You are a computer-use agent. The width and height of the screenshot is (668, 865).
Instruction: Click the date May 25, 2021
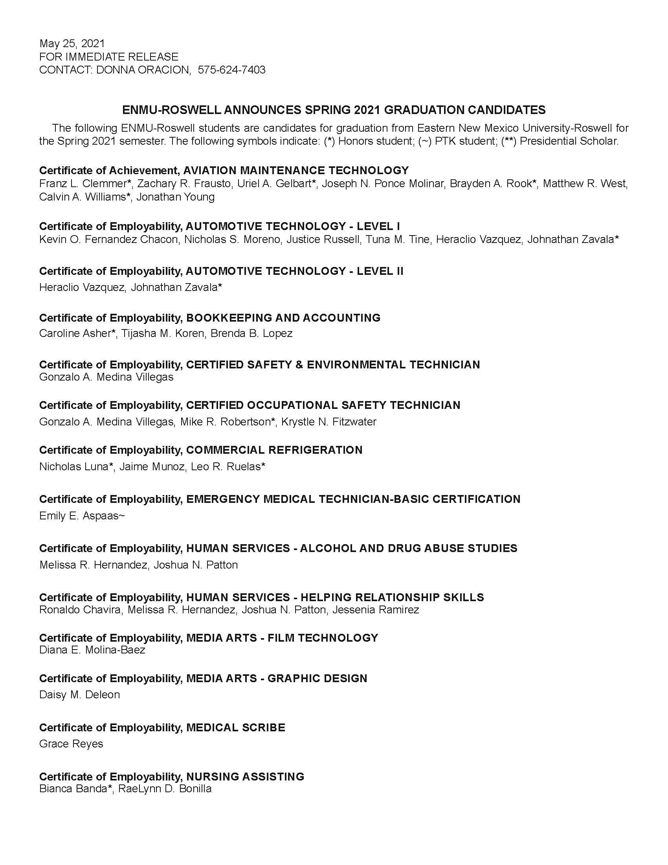pos(72,44)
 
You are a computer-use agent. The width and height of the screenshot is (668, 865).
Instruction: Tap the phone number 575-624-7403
pos(231,70)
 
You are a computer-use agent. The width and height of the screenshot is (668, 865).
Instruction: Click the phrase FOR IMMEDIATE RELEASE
pos(108,57)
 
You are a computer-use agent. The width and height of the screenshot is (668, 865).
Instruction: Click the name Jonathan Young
pos(175,197)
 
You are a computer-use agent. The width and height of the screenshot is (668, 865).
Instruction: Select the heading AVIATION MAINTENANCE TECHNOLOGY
pos(296,170)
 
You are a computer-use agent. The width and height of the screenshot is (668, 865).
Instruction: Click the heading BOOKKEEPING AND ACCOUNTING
pos(283,318)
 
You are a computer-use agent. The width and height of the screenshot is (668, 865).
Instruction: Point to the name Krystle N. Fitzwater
pos(328,422)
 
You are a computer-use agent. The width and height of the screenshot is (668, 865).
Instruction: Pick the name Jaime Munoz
pos(152,467)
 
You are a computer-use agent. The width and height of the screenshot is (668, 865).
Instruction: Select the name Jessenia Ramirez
pos(376,609)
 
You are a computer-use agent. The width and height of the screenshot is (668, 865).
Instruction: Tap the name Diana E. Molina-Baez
pos(92,650)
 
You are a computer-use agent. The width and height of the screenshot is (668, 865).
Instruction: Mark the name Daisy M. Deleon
pos(79,695)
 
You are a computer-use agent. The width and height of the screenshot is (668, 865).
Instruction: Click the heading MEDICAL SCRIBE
pos(235,727)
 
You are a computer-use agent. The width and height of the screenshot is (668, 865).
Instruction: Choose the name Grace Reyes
pos(71,744)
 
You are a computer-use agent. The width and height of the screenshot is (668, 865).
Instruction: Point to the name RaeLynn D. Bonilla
pos(165,789)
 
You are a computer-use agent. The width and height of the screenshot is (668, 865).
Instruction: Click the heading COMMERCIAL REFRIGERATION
pos(274,450)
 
